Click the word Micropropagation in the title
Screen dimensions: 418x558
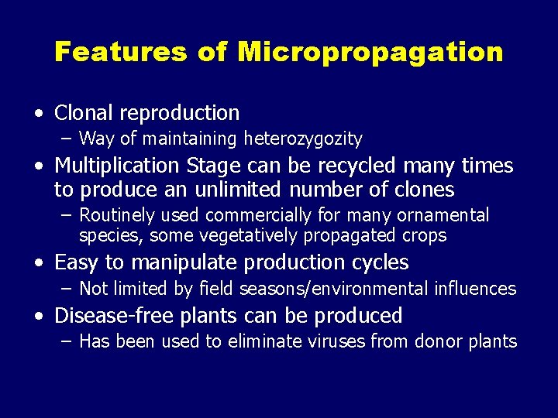tap(370, 53)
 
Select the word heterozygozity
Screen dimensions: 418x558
tap(303, 139)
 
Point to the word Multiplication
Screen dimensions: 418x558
tap(116, 166)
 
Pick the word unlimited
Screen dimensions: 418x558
tap(232, 190)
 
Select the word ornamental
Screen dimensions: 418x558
tap(444, 215)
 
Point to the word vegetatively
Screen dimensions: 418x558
tap(229, 235)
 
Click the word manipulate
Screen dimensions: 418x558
tap(173, 263)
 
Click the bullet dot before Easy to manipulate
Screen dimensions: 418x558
tap(38, 263)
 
